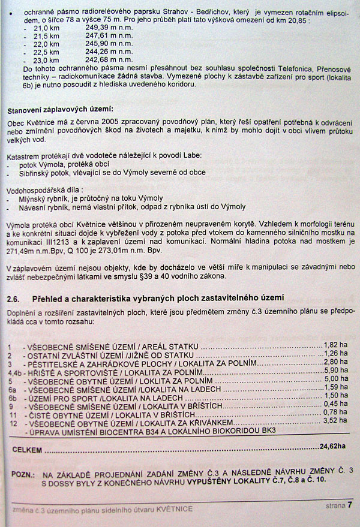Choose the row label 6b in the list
click(x=11, y=396)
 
